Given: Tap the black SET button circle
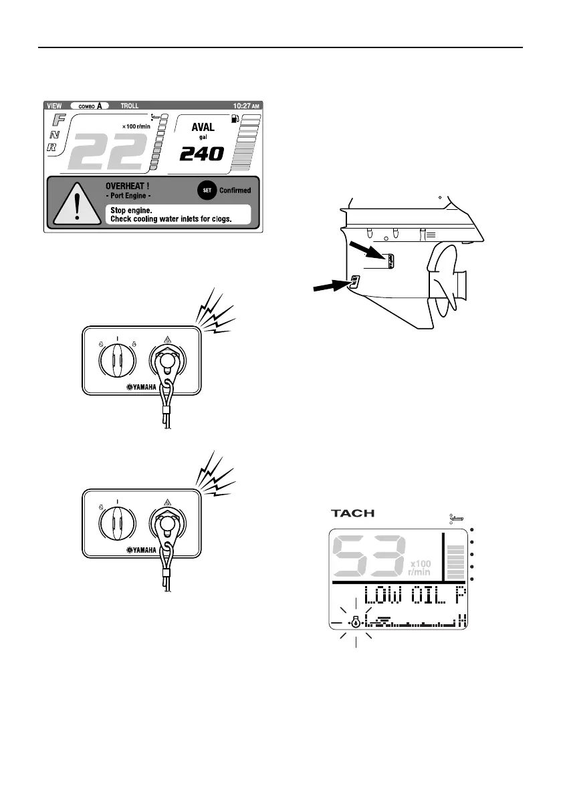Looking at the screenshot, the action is click(x=206, y=190).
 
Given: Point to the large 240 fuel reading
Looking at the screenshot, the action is click(x=201, y=154).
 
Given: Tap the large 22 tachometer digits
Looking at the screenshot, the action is click(x=108, y=151).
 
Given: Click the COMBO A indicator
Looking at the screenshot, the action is click(x=89, y=106).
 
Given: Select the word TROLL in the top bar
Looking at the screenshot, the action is click(x=130, y=106).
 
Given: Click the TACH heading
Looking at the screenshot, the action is click(x=352, y=513).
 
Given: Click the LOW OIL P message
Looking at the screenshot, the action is click(x=415, y=597).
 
